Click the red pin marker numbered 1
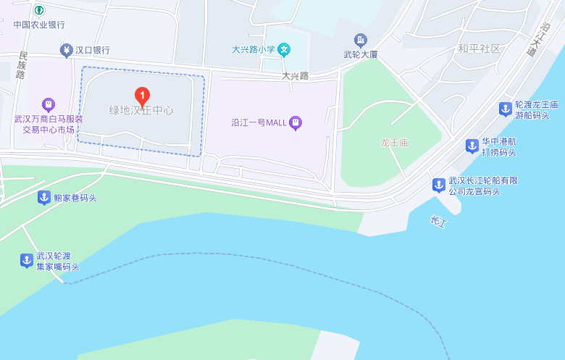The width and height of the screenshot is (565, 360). tap(143, 96)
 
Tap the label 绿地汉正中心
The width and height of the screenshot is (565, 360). tap(141, 111)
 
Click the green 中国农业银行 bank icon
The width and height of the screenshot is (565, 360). tap(39, 11)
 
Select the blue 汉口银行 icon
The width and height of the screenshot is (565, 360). tap(66, 50)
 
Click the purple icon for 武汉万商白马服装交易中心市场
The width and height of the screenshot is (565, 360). tap(48, 104)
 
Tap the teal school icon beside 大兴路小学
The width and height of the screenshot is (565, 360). tap(285, 50)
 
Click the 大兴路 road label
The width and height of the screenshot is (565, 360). tap(296, 75)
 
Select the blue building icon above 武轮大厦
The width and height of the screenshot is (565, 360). tap(360, 40)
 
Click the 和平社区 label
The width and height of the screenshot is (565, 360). tap(479, 49)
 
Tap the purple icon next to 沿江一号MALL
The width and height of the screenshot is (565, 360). tap(296, 122)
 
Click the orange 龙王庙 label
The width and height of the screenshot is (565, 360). tap(395, 143)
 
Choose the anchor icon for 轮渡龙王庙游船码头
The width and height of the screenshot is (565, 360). tap(505, 109)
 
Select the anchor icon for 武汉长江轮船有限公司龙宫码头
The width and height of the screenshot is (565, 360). tap(438, 185)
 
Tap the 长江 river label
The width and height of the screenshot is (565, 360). tap(438, 222)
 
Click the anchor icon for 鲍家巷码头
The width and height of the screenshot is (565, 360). tap(43, 198)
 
